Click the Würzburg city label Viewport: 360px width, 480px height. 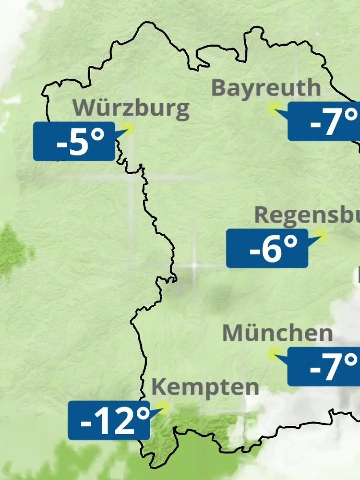click(131, 108)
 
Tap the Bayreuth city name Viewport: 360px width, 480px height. click(266, 88)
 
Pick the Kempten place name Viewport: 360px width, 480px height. click(205, 387)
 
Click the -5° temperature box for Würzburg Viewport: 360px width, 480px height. click(74, 141)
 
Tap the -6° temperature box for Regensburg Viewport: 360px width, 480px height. click(267, 248)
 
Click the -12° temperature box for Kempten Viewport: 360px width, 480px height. click(109, 421)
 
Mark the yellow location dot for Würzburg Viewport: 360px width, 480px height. click(130, 128)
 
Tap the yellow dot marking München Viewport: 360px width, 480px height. click(274, 353)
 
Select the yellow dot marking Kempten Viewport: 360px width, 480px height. click(163, 407)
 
